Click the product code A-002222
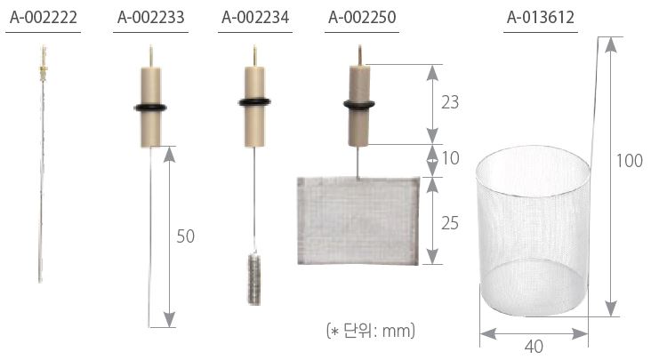click(44, 18)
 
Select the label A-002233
click(150, 18)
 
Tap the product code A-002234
click(255, 18)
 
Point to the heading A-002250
click(362, 18)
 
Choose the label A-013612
click(541, 18)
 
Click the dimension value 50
click(186, 236)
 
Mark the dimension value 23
click(450, 102)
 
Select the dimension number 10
click(450, 158)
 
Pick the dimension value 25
click(450, 223)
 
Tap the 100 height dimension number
click(630, 161)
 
